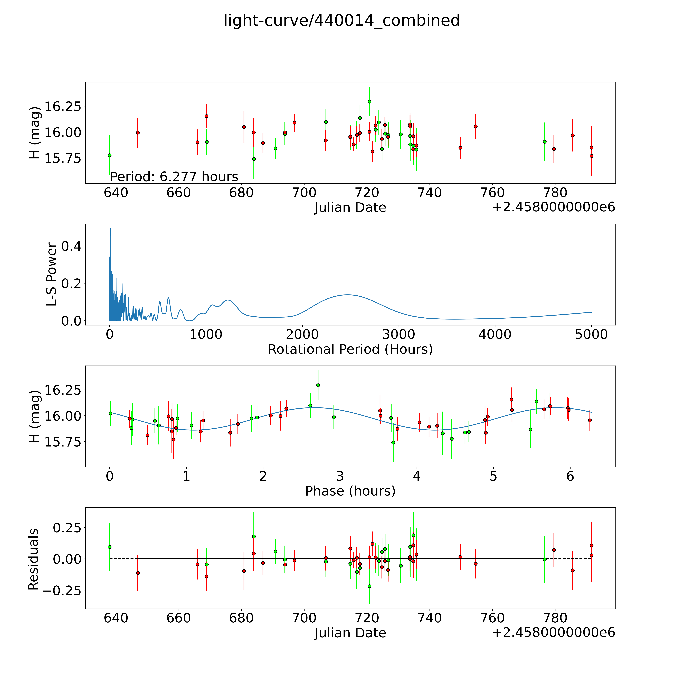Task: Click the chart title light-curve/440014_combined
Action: pos(342,21)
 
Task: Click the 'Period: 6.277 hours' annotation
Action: pos(174,176)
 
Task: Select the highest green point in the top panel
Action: pos(369,102)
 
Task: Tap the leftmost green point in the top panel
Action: pos(109,155)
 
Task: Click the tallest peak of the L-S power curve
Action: pos(110,229)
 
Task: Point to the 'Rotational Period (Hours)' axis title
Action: pos(350,349)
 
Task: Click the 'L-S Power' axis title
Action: pos(52,274)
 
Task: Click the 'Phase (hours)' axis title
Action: pos(350,491)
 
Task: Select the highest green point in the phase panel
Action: pos(318,385)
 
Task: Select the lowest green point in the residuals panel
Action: pos(369,586)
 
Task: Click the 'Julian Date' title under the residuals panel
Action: pos(350,633)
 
